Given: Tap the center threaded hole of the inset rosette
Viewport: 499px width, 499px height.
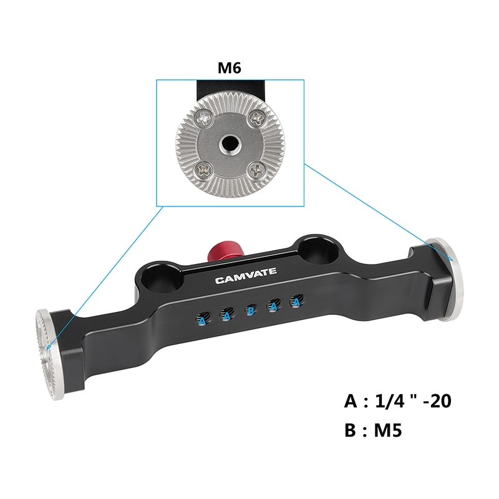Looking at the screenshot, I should tap(229, 143).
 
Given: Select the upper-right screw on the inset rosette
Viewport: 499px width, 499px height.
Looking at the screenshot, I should tap(256, 116).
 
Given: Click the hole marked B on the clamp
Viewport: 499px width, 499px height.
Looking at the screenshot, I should tap(250, 309).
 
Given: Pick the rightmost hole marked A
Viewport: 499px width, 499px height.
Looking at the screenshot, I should tap(296, 303).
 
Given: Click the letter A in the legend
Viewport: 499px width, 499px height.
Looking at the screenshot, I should tap(351, 400).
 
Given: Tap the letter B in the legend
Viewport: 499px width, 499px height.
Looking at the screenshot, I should tap(351, 430).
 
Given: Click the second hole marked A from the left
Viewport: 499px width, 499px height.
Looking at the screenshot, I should tap(226, 315).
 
